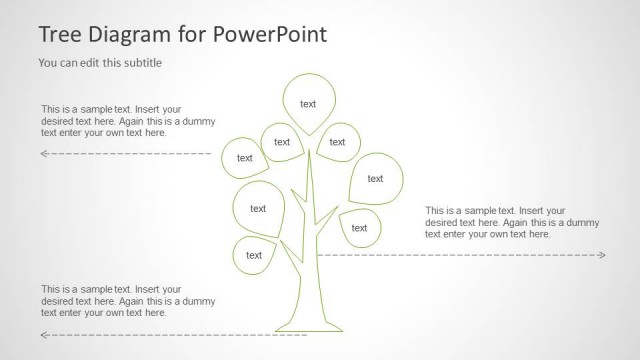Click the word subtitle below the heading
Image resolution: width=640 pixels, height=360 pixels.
point(139,63)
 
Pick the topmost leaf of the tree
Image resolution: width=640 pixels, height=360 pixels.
point(308,103)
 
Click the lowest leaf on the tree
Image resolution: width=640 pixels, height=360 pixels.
point(254,255)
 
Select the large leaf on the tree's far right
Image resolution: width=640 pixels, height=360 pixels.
point(375,178)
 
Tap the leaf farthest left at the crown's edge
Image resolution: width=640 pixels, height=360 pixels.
point(244,157)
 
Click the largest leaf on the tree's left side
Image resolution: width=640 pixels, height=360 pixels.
point(258,208)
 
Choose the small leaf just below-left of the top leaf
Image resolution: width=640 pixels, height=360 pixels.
point(282,142)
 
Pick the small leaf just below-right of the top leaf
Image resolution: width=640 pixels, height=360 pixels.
point(337,142)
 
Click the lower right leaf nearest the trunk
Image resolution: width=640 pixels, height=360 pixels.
point(359,227)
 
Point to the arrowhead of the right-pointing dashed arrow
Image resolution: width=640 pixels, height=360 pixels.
point(602,255)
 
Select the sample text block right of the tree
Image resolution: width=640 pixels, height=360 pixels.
point(495,222)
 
